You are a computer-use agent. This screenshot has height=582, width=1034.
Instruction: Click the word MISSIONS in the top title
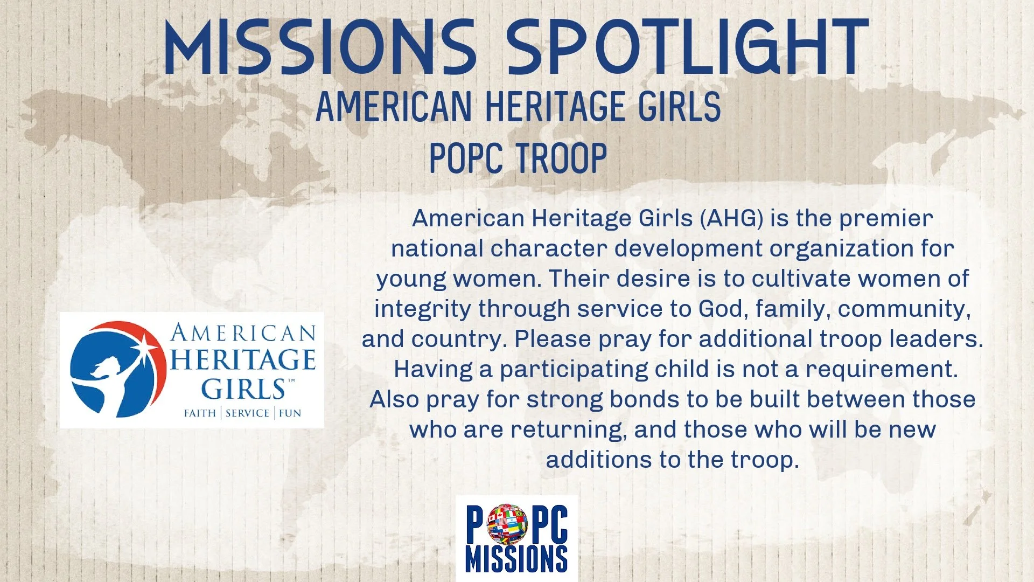click(320, 47)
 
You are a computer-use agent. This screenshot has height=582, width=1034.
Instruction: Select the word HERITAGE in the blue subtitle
click(555, 106)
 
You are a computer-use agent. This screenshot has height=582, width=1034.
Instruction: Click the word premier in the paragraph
click(886, 219)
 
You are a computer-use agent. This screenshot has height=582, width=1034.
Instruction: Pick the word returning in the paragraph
click(568, 430)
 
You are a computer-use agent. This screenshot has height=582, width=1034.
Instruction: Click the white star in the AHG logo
click(145, 342)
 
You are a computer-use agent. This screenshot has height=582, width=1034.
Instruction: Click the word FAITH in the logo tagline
click(200, 413)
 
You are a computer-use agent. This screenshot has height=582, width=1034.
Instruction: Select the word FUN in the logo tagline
click(290, 413)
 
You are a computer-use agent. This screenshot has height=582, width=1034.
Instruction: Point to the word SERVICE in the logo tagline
click(247, 413)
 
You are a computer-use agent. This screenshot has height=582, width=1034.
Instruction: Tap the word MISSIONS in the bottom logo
click(516, 559)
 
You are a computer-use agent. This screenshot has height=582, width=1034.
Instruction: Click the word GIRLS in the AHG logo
click(243, 389)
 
